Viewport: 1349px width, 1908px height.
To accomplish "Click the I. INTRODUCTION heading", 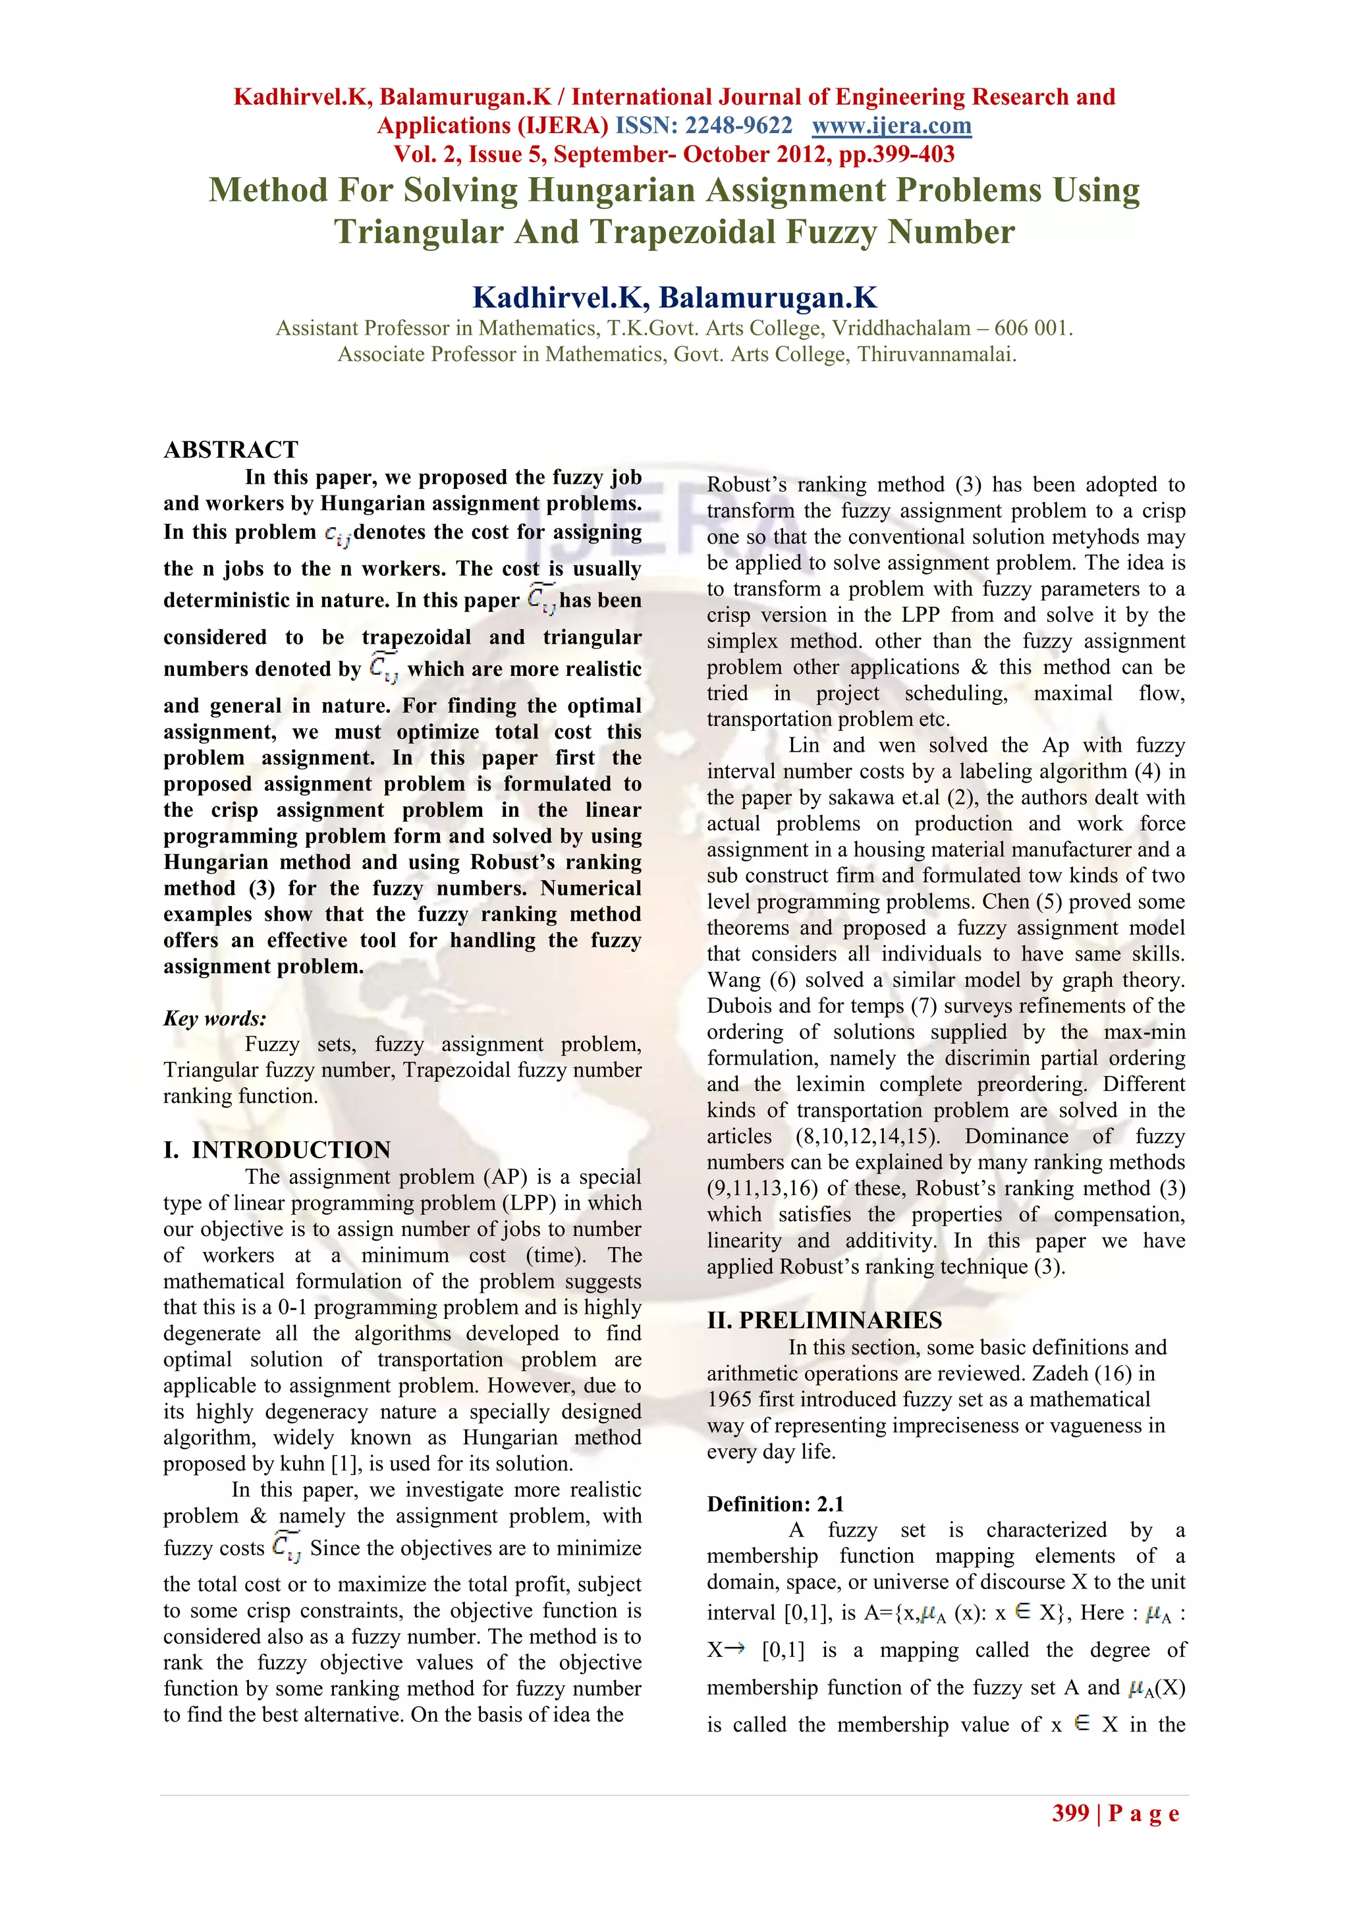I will coord(277,1150).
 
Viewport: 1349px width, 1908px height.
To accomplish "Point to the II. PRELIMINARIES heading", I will coord(824,1320).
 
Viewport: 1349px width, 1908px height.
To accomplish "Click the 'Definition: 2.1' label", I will coord(775,1503).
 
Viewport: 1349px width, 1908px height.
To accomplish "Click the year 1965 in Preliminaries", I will coord(729,1399).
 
